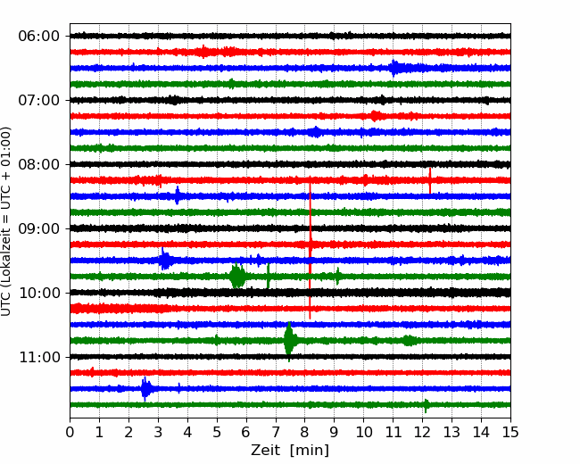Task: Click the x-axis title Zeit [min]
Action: click(x=289, y=451)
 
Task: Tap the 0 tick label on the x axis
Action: click(x=70, y=433)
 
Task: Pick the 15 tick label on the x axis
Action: click(x=510, y=433)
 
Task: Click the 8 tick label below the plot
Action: click(x=304, y=433)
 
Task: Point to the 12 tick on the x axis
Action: click(x=422, y=433)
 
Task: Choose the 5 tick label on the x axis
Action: click(x=217, y=433)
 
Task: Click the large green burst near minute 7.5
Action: click(x=289, y=340)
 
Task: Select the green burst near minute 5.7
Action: click(x=237, y=277)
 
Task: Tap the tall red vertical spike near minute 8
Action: click(x=310, y=250)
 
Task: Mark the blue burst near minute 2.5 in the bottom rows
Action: click(x=145, y=388)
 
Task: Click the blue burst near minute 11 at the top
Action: click(x=394, y=68)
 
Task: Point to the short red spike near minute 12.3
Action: click(x=430, y=180)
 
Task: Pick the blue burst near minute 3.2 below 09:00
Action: click(x=165, y=261)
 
